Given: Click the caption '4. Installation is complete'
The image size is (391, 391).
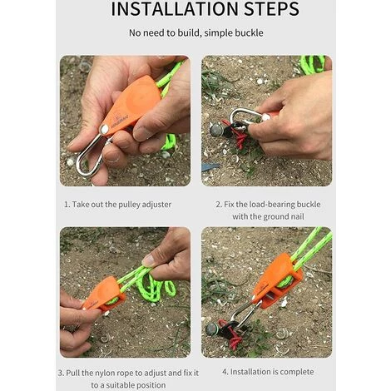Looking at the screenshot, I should coord(266,371).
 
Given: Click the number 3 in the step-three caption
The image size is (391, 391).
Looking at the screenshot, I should coord(61,372).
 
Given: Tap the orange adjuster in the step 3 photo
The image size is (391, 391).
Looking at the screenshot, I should coord(103,292).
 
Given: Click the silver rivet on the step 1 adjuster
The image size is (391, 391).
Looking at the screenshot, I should coord(104,129).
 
